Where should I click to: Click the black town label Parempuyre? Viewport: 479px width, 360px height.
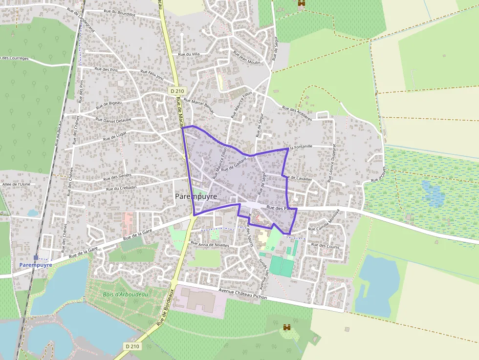(x=196, y=196)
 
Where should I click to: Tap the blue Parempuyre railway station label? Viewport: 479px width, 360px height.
(x=36, y=265)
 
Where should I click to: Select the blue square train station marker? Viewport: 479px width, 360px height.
(x=36, y=257)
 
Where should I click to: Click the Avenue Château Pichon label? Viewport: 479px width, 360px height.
(x=243, y=293)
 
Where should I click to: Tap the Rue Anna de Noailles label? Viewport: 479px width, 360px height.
(x=210, y=244)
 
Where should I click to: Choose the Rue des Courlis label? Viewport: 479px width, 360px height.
(x=325, y=247)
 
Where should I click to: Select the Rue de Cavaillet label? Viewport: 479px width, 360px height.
(x=297, y=178)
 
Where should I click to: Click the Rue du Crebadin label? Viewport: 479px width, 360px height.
(x=121, y=188)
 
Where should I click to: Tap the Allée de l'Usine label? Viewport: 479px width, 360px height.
(x=16, y=184)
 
